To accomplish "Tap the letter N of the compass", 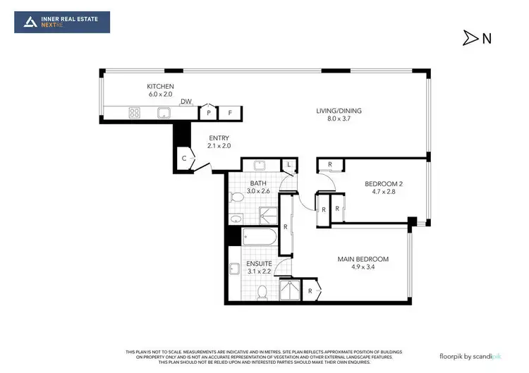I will [487, 39].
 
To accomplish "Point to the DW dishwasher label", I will [186, 102].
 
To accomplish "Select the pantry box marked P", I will [209, 112].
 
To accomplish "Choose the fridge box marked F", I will [230, 112].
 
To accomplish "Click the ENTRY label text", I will [219, 137].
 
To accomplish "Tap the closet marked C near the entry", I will [184, 159].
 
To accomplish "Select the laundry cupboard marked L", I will [289, 164].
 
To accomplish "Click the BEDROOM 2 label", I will [383, 184].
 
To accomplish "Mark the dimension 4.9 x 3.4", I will [363, 268].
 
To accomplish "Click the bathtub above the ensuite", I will [259, 236].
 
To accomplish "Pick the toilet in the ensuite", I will [262, 291].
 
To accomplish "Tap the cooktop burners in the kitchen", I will [134, 112].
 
